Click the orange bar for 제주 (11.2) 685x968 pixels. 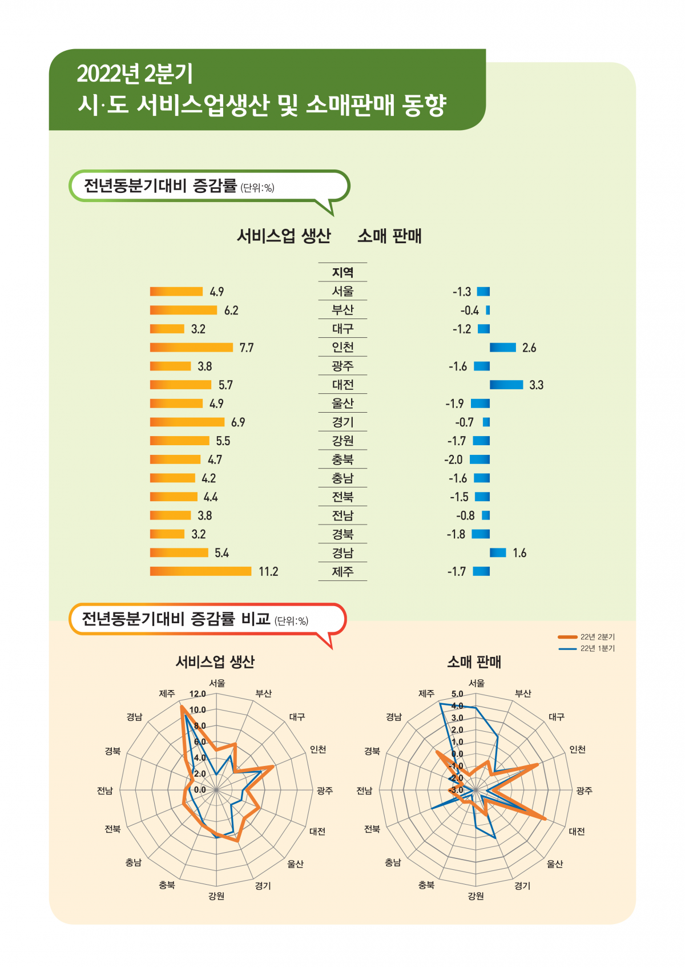tap(200, 571)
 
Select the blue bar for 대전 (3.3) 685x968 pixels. tap(506, 385)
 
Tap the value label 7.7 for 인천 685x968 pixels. tap(247, 348)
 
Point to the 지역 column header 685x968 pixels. tap(342, 272)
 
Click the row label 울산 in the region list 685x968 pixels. tap(342, 404)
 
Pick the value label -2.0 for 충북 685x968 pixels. tap(454, 459)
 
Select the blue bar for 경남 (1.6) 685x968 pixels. tap(498, 552)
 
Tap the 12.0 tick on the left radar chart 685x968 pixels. tap(198, 694)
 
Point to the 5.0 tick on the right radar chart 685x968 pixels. tap(457, 694)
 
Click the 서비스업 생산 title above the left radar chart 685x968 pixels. tap(215, 662)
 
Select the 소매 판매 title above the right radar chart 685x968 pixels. tap(474, 662)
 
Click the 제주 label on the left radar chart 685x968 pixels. tap(167, 693)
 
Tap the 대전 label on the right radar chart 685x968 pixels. tap(577, 832)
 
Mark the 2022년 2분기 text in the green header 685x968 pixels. tap(135, 74)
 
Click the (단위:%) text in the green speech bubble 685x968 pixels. tap(257, 188)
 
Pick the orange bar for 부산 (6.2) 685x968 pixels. tap(183, 310)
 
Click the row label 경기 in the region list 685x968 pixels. tap(342, 422)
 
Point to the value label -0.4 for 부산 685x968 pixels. tap(470, 310)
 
